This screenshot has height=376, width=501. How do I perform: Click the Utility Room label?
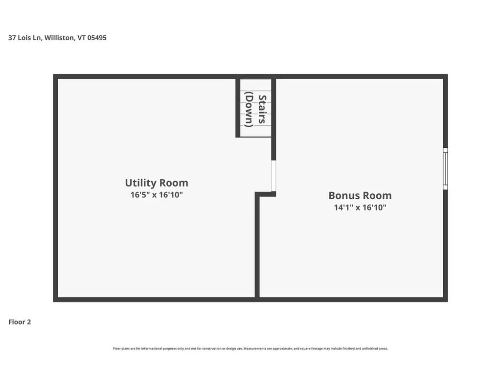point(156,183)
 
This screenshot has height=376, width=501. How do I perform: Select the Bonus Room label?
point(360,196)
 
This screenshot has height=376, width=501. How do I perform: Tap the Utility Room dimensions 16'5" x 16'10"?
point(156,195)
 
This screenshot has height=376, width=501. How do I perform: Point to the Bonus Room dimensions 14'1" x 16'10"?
point(360,208)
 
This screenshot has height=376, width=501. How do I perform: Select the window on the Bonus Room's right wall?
point(445,169)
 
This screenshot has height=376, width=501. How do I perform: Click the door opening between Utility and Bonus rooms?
point(273,176)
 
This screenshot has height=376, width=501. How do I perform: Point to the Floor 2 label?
point(20,322)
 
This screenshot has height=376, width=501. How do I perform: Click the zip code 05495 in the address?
point(97,38)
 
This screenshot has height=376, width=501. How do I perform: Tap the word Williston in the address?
point(60,38)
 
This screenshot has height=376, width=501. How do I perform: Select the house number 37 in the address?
point(12,38)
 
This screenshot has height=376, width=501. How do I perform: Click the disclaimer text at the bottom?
point(250,349)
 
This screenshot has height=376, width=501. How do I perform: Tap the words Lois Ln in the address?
point(30,38)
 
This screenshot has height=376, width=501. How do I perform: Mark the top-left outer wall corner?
point(56,76)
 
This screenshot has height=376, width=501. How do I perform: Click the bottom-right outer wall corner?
point(445,299)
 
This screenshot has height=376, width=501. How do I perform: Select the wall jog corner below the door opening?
point(257,194)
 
